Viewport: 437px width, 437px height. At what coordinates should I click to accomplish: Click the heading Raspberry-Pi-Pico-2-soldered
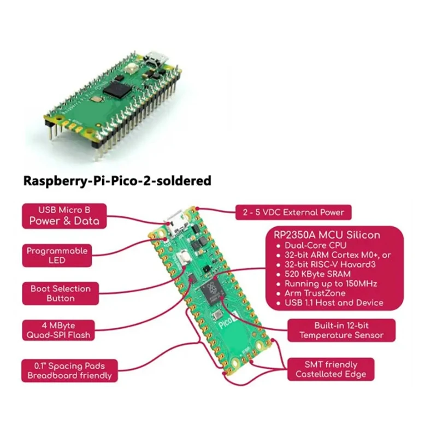point(117,181)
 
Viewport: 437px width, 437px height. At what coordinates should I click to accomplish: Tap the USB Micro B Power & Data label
point(64,215)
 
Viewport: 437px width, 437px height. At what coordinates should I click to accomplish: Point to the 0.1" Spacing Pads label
point(69,370)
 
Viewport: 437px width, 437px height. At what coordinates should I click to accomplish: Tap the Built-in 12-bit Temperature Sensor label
point(341,330)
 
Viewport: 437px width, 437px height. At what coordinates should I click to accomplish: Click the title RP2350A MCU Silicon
point(326,235)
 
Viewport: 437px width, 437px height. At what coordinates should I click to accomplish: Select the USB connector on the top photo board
point(153,59)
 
